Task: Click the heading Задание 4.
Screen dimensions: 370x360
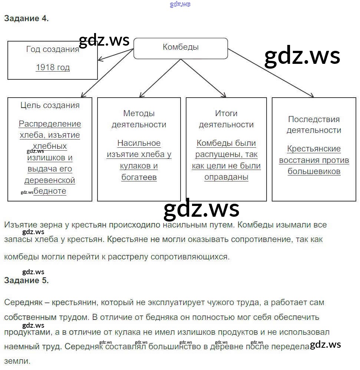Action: coord(26,19)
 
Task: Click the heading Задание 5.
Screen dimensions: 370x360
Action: coord(26,281)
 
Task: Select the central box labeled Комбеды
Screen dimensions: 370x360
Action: coord(181,48)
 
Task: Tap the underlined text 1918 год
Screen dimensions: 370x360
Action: coord(53,67)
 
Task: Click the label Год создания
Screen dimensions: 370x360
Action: coord(53,49)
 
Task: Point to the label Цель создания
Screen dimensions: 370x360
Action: coord(50,105)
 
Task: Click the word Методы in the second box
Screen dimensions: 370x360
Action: coord(139,114)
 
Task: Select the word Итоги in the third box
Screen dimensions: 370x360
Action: coord(226,114)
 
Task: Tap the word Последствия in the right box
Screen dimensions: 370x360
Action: coord(314,119)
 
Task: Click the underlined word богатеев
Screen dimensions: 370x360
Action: coord(139,177)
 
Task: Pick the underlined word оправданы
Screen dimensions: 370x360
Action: coord(226,177)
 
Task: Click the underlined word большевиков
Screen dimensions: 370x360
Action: coord(314,171)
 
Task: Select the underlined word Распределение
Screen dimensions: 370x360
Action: coord(50,124)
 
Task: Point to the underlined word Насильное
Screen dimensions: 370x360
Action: coord(139,143)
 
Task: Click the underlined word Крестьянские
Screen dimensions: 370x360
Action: coord(314,149)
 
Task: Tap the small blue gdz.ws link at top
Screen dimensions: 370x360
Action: coord(180,4)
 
